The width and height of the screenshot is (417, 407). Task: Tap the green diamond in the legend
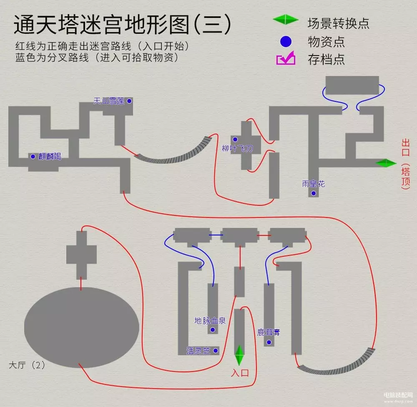(286, 20)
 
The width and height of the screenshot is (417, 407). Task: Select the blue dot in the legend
(286, 41)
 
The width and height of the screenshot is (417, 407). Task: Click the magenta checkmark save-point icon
(286, 59)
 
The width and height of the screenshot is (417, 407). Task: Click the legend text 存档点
(326, 59)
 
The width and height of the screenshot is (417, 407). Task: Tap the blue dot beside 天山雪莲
(129, 101)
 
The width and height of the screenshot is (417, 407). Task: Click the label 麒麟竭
(50, 157)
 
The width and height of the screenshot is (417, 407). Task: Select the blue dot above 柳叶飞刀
(235, 139)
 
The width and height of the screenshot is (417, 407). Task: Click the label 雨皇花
(314, 184)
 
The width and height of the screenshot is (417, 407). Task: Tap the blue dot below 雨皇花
(314, 193)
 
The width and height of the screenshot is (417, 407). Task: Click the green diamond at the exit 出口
(386, 163)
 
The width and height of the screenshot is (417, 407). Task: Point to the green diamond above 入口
(239, 355)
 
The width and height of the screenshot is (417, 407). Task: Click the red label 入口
(240, 373)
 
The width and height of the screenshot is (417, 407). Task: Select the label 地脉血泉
(210, 321)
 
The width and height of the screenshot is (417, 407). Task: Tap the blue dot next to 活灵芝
(216, 351)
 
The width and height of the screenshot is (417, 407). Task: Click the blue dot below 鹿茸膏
(269, 342)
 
